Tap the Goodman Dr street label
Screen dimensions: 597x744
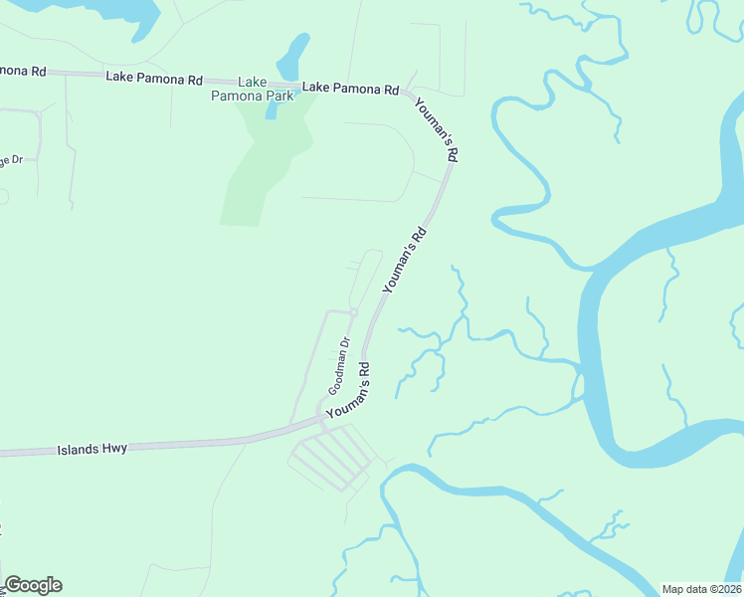340,365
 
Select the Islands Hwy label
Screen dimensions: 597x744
93,449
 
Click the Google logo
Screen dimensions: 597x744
33,585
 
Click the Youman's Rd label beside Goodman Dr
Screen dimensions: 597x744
351,397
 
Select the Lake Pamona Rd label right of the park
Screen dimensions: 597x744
350,88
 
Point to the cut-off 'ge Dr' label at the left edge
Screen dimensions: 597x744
11,159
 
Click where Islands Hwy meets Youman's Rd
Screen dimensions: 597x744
320,419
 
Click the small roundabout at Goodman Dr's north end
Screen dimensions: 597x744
353,312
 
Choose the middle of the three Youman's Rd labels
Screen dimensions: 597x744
405,259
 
